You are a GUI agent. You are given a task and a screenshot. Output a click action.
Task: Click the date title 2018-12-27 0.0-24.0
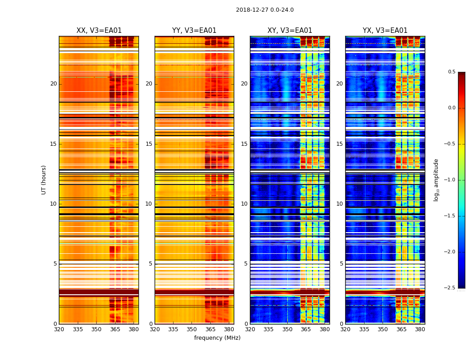click(x=265, y=10)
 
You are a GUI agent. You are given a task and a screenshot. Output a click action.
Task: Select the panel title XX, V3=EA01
click(x=99, y=31)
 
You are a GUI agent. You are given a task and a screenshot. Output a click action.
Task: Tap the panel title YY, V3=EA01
click(x=194, y=31)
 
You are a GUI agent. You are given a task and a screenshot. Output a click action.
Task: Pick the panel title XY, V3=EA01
click(x=289, y=31)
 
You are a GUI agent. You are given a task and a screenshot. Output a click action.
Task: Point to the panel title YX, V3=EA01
click(x=385, y=31)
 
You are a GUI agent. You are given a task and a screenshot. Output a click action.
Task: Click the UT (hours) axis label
click(x=44, y=180)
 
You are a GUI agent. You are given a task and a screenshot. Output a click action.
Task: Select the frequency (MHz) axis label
click(x=217, y=338)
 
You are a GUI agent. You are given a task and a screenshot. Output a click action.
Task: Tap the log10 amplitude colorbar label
click(x=436, y=180)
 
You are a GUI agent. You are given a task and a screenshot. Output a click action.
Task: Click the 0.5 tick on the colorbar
click(x=451, y=72)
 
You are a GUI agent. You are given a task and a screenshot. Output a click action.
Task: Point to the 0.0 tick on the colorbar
click(x=451, y=108)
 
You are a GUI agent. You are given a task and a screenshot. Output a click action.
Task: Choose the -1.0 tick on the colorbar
click(x=450, y=180)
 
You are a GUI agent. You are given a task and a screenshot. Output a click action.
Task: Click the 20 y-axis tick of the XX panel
click(x=53, y=84)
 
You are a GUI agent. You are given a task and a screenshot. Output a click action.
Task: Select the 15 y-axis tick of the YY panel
click(x=149, y=144)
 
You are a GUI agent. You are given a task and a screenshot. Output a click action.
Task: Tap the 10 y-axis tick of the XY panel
click(x=244, y=204)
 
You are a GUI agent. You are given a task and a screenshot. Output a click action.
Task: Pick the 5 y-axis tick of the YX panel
click(x=341, y=264)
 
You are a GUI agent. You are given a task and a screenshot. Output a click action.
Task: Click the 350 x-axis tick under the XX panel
click(x=96, y=329)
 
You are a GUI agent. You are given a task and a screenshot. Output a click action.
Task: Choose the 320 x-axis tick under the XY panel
click(x=250, y=329)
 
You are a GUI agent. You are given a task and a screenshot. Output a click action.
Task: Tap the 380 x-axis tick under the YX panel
click(x=420, y=329)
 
